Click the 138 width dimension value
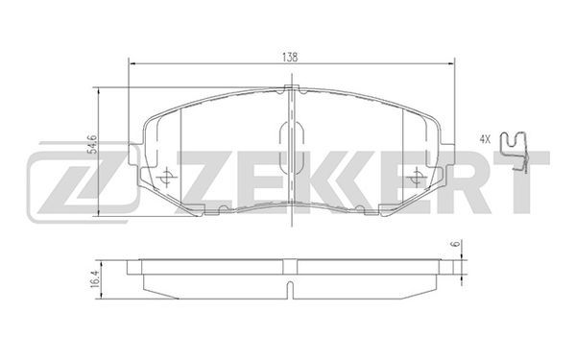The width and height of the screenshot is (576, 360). point(290,58)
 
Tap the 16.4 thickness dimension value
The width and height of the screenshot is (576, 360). point(94,278)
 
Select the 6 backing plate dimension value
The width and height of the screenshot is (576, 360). point(456,244)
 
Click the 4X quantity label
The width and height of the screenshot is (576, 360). point(485,139)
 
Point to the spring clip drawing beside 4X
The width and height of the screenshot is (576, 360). point(514,151)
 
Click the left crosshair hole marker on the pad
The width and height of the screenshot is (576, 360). point(166,177)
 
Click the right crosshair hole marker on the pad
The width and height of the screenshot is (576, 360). point(417,177)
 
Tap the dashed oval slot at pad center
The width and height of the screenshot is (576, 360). point(291,148)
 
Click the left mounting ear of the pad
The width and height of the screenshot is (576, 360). point(134,155)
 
